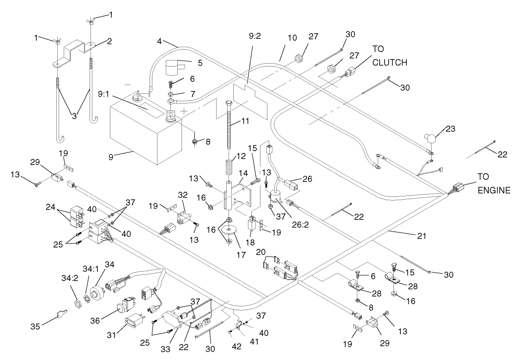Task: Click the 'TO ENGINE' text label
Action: click(493, 183)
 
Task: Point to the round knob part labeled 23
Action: click(432, 138)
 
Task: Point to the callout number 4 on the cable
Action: click(159, 41)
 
